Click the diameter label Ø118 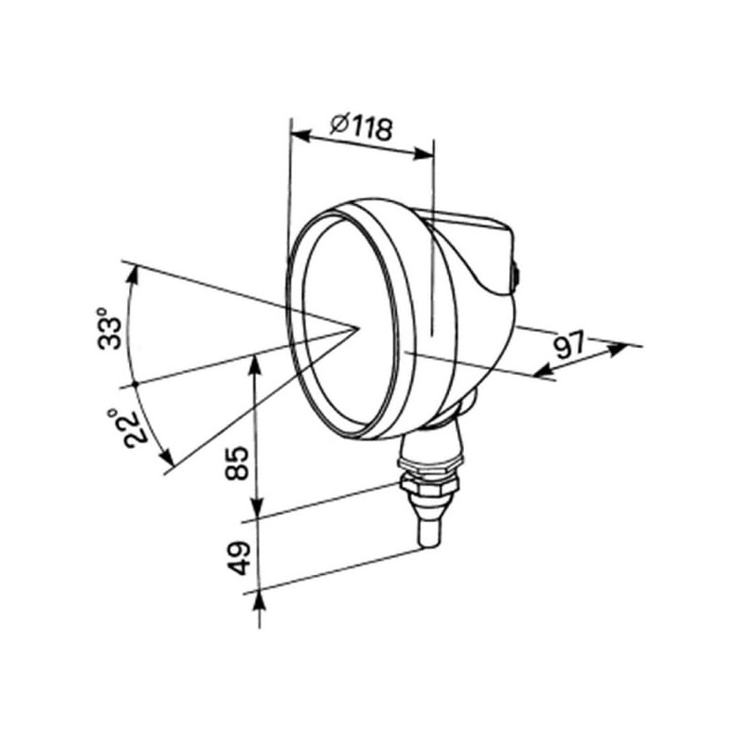362,126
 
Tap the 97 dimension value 570,346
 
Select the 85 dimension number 237,463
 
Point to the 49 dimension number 238,557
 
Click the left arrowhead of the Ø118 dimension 301,136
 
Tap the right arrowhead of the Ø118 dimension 423,153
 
